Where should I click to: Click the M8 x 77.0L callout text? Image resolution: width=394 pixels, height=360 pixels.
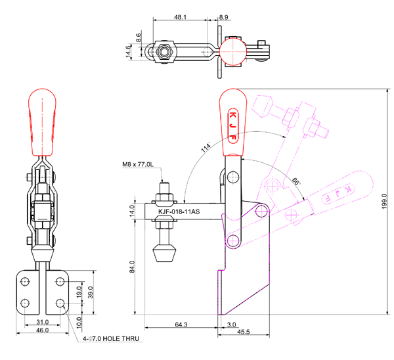[x=137, y=164]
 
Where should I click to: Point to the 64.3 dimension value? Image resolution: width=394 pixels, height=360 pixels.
[x=181, y=325]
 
